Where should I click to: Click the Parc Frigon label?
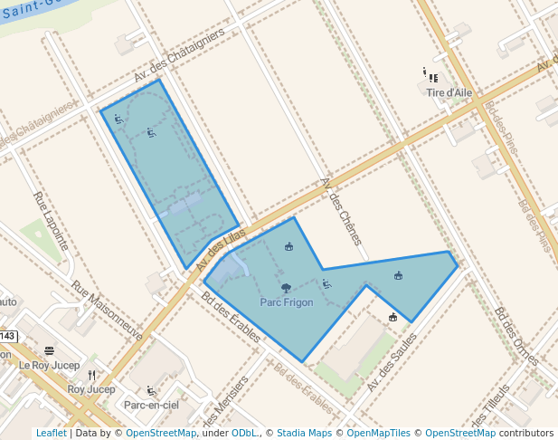tap(286, 302)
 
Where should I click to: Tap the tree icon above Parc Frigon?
tap(286, 289)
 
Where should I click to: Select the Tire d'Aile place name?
tap(449, 92)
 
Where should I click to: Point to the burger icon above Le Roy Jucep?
tap(49, 350)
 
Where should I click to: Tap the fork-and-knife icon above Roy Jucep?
tap(91, 375)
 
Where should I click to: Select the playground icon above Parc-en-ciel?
tap(151, 391)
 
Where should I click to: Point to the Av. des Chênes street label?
tap(341, 211)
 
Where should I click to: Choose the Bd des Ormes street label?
tap(515, 335)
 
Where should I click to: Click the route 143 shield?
tap(6, 336)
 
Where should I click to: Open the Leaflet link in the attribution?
tap(51, 434)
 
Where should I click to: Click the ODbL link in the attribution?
tap(244, 434)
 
